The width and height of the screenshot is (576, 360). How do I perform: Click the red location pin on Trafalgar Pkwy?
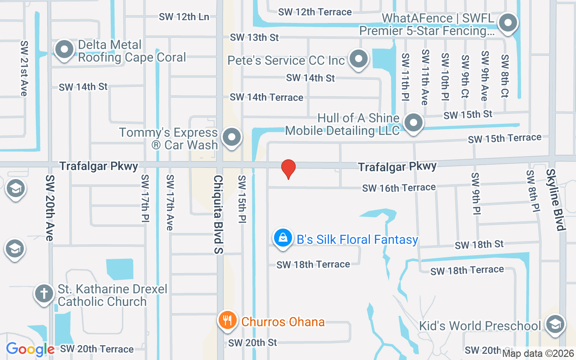click(x=288, y=169)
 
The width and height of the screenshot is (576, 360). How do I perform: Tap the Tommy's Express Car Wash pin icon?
click(x=232, y=137)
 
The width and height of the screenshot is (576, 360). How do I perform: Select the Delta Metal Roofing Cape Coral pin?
click(x=64, y=49)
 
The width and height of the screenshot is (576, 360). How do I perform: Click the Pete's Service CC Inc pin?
click(x=359, y=59)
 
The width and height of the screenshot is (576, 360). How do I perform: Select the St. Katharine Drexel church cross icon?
click(x=44, y=294)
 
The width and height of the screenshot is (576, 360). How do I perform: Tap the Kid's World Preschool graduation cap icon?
click(x=554, y=324)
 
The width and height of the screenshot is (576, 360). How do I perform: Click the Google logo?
click(x=31, y=349)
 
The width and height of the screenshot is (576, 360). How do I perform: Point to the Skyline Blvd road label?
click(x=555, y=200)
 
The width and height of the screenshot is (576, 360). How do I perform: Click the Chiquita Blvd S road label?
click(x=218, y=214)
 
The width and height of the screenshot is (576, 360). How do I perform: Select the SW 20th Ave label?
click(x=49, y=207)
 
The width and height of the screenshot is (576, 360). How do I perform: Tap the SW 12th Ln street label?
click(x=184, y=17)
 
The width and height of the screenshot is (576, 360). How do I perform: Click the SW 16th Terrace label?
click(x=399, y=188)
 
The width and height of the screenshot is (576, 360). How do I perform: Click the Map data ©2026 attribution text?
click(x=537, y=354)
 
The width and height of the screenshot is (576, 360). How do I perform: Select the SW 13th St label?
click(x=254, y=37)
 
